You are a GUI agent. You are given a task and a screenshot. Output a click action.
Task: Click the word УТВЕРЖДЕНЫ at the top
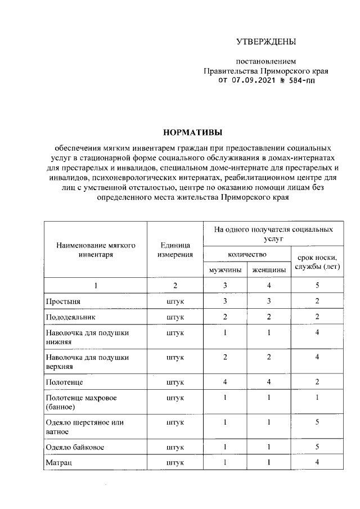tap(265, 42)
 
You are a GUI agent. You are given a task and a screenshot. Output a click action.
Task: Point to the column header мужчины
tap(225, 270)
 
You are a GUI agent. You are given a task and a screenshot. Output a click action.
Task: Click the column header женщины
tap(268, 270)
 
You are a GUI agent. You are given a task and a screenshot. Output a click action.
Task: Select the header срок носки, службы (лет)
tap(317, 262)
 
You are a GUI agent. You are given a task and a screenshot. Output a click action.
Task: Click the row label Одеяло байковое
tap(74, 448)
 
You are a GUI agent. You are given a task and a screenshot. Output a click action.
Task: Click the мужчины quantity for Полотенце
tap(224, 382)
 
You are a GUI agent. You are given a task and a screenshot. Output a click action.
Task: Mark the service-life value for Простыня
tap(317, 301)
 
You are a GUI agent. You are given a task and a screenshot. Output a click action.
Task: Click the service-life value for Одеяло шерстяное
tap(317, 422)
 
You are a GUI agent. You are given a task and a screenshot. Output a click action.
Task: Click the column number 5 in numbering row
tap(317, 286)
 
